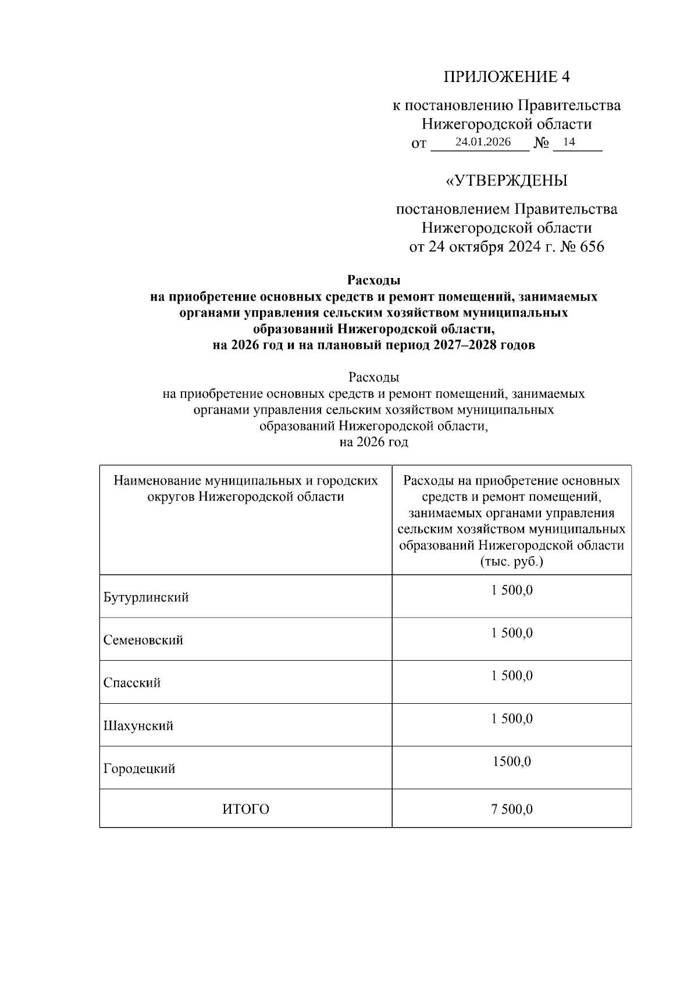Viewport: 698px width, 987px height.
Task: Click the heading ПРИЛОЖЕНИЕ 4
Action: (x=507, y=77)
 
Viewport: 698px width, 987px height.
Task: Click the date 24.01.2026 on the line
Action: (x=483, y=142)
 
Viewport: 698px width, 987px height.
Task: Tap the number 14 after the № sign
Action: (x=569, y=142)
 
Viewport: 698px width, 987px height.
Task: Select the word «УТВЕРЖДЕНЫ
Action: (x=506, y=181)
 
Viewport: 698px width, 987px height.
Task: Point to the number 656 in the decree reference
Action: (x=592, y=247)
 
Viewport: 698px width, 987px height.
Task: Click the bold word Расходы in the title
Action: (x=373, y=280)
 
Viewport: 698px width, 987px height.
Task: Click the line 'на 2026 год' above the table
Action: (x=373, y=442)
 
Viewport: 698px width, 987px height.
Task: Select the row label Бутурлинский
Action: (x=146, y=597)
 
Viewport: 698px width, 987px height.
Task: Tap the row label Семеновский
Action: (x=143, y=640)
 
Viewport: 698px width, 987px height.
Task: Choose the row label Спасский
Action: (x=132, y=683)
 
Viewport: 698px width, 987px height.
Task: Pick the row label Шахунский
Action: (x=138, y=726)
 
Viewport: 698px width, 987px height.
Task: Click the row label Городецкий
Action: (x=140, y=769)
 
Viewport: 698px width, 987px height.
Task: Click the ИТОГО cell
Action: (x=245, y=809)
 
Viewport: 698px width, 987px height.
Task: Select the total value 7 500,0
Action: (x=512, y=809)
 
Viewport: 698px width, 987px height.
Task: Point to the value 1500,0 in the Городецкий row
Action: (x=512, y=761)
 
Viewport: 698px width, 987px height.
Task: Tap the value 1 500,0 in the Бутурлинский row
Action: (x=512, y=590)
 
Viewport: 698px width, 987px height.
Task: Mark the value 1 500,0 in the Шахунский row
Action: (x=512, y=719)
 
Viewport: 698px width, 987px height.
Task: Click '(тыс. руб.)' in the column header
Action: (x=512, y=562)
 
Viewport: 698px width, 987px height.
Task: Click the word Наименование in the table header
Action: (x=156, y=481)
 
